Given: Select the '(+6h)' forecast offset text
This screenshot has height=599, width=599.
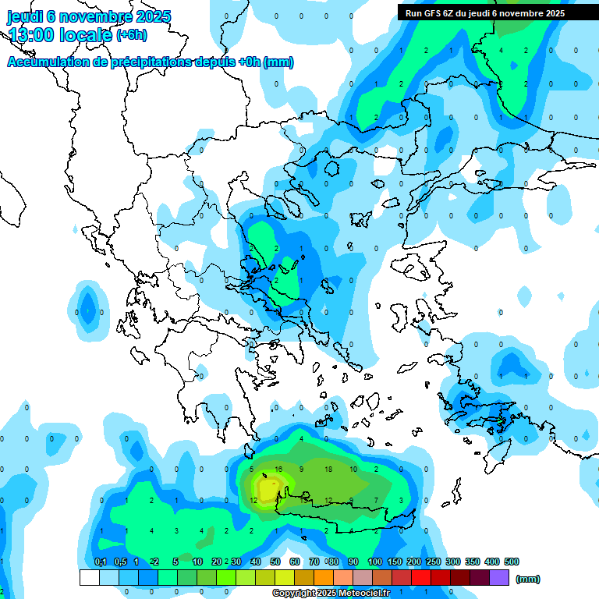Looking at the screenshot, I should pos(131,35).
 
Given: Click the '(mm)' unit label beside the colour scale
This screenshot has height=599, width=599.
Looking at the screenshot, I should pos(528,579).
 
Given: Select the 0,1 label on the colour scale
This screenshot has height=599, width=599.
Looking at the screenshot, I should pos(100,562).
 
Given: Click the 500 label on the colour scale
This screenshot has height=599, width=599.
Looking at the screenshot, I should pos(512,562).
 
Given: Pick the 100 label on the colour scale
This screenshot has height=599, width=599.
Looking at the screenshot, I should pos(375,562).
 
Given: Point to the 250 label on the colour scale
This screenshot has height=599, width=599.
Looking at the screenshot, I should pos(434,562).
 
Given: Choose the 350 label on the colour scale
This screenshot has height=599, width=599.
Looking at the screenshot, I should pos(473,562).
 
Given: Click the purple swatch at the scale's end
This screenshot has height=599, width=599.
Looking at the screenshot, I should pos(499,577).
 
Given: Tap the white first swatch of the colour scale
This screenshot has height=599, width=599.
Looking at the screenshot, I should pos(90,577).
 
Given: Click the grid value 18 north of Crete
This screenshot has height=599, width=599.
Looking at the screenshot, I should pos(328,470).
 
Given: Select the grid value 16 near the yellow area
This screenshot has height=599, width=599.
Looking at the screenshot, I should pos(278,470).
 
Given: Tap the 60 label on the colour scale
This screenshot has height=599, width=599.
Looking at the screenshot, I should pos(295,562).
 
